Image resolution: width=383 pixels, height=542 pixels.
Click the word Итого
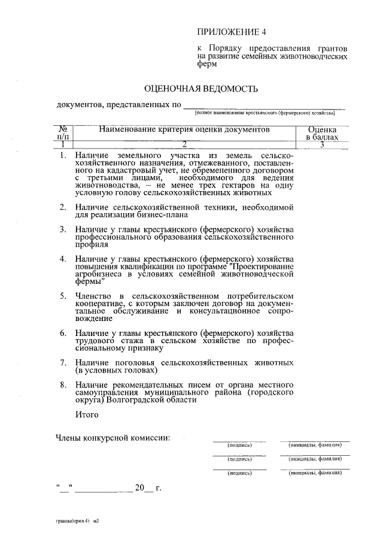[x=87, y=413]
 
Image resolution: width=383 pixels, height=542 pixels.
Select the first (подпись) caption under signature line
[x=239, y=446]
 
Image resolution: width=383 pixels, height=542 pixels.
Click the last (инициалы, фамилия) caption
[x=315, y=473]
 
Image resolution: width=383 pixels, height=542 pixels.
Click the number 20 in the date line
[x=140, y=488]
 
